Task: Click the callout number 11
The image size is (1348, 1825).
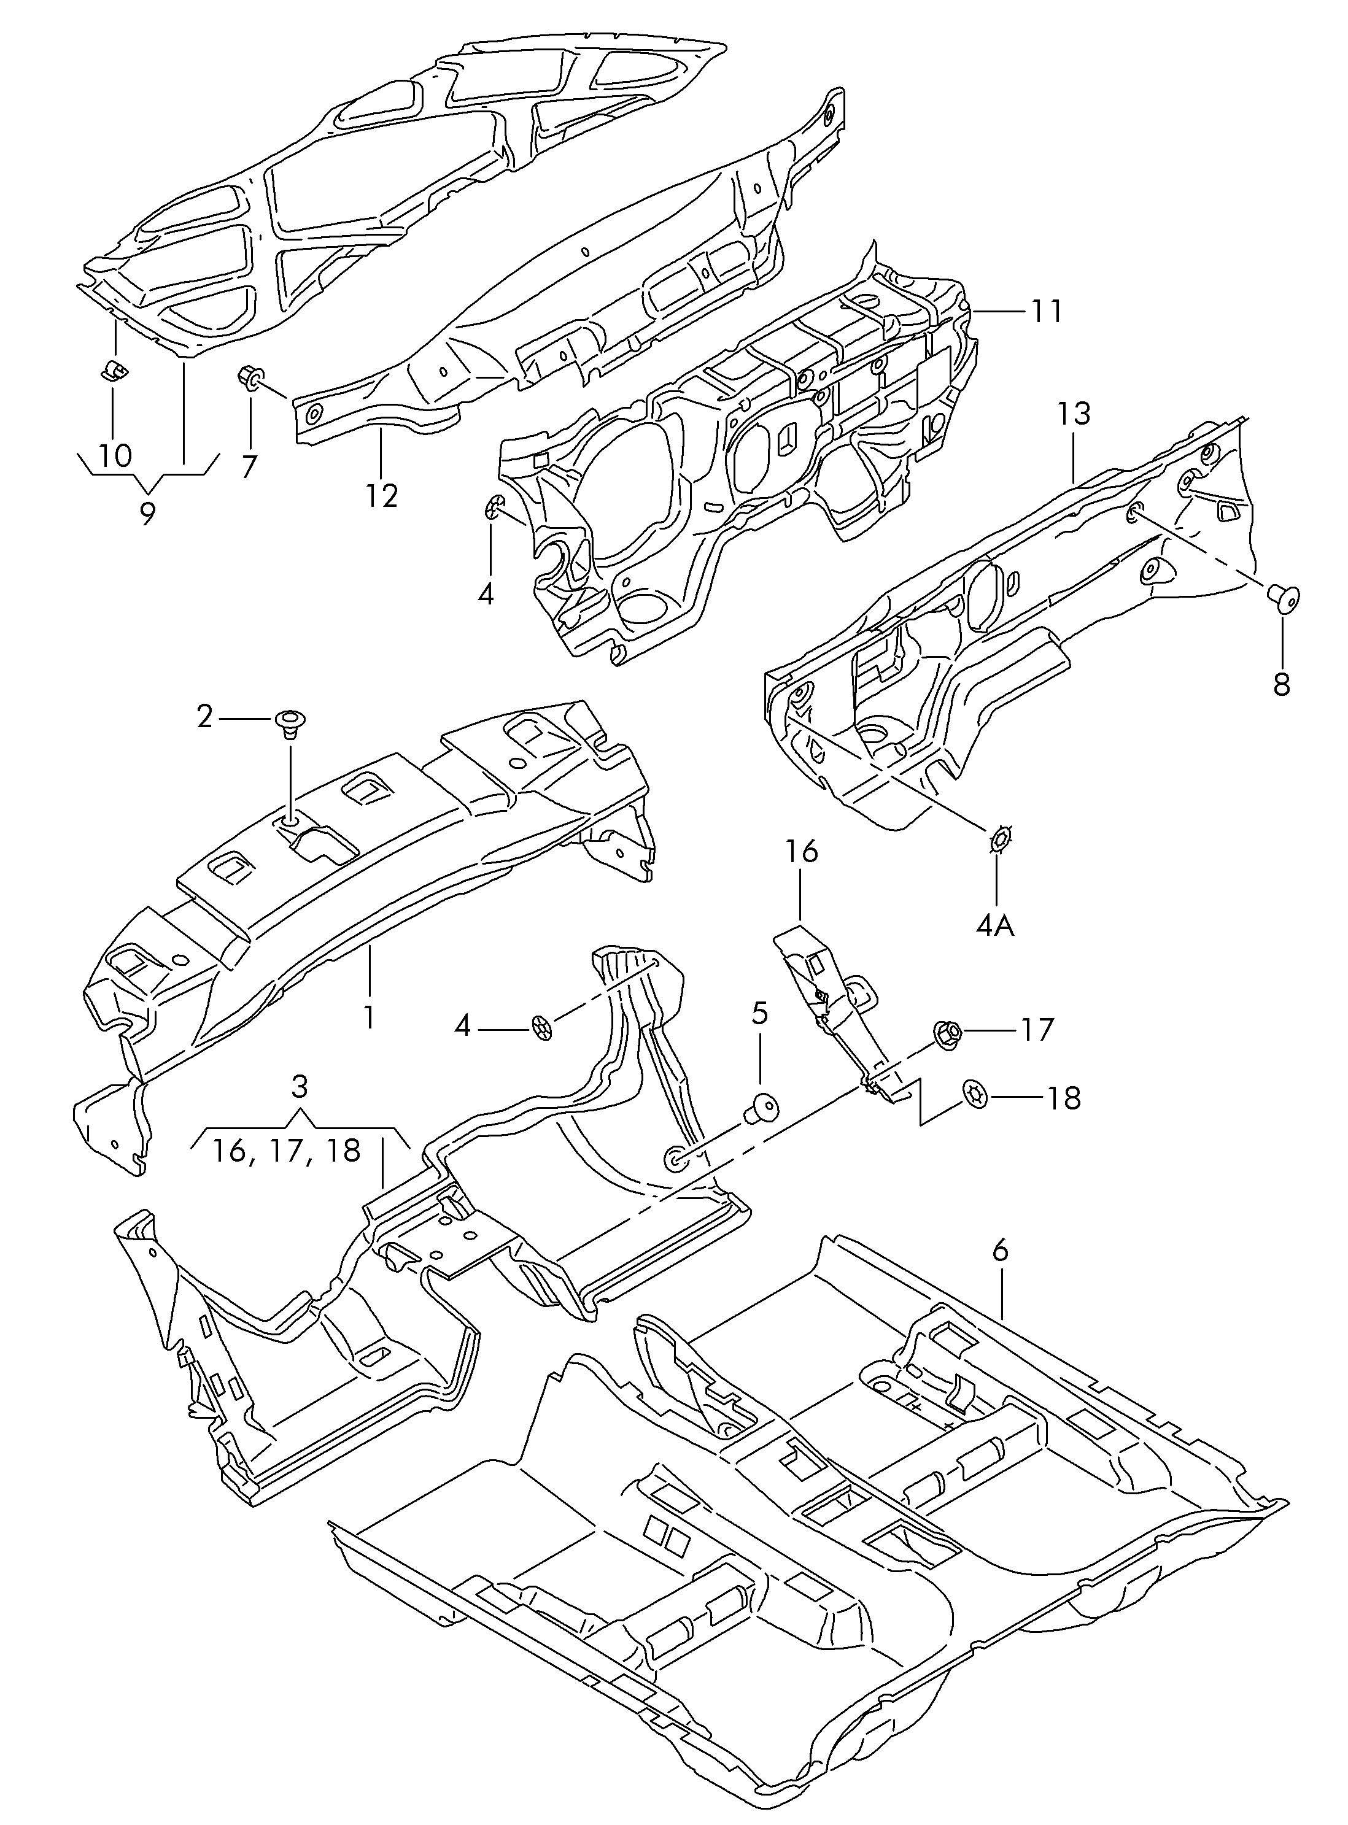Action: click(x=1045, y=311)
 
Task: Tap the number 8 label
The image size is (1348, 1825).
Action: click(x=1281, y=683)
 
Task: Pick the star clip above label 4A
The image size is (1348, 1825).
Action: click(x=997, y=839)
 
